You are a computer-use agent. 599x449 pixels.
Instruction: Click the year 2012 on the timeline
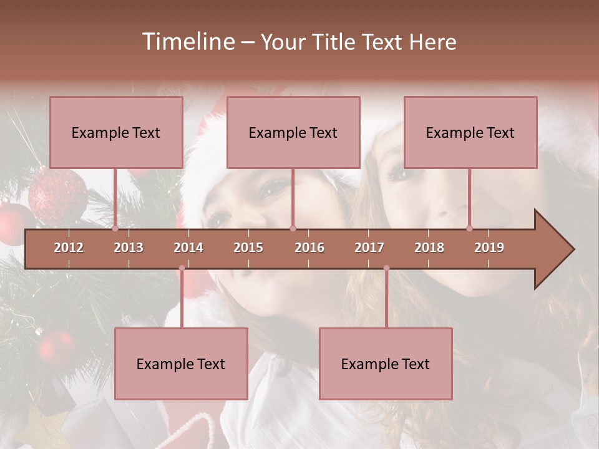click(69, 248)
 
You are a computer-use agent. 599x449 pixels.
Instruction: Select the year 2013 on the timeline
click(129, 248)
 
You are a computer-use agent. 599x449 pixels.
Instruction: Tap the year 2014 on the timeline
click(188, 248)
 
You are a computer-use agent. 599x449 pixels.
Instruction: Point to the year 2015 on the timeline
click(248, 248)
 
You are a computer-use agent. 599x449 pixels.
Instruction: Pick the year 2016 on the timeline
click(309, 248)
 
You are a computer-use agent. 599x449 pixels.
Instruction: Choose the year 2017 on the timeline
click(369, 248)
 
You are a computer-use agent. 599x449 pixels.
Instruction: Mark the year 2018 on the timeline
click(429, 248)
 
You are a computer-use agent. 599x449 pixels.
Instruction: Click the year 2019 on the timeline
click(489, 248)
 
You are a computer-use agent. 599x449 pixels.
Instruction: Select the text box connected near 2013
click(116, 133)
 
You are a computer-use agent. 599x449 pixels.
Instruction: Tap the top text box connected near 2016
click(293, 133)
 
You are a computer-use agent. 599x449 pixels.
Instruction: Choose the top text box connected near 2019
click(470, 133)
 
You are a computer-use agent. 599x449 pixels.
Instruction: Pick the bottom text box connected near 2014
click(181, 364)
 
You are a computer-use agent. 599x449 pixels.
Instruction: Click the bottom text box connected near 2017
click(386, 364)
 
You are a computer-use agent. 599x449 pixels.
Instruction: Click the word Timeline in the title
click(187, 42)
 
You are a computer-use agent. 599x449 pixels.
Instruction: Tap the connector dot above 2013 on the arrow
click(115, 229)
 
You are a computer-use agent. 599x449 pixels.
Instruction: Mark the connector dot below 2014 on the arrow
click(182, 268)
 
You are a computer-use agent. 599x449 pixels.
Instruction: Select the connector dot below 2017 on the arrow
click(386, 268)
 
